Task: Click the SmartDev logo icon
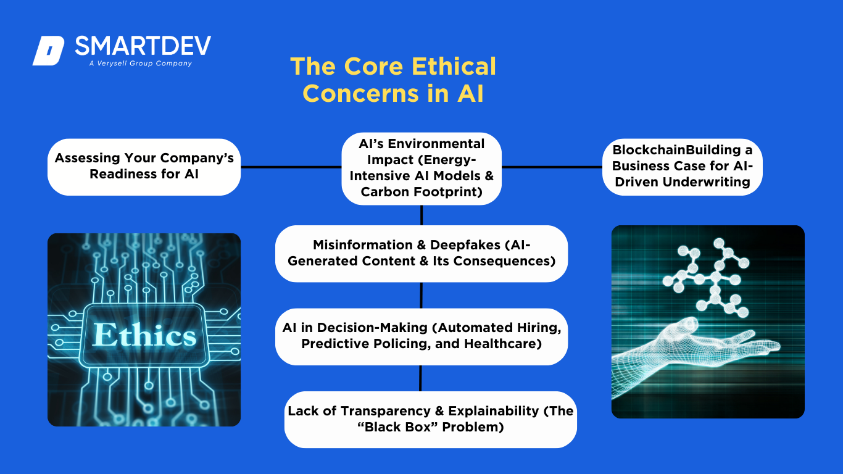point(49,51)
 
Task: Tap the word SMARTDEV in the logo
point(143,46)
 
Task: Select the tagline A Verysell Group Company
point(141,63)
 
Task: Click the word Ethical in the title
point(454,66)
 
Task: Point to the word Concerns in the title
point(360,93)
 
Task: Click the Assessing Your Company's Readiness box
point(144,167)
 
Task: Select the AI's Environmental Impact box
point(421,168)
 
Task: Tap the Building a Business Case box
point(683,167)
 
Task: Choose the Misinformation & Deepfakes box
point(421,254)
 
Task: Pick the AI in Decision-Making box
point(421,336)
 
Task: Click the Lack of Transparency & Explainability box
point(431,420)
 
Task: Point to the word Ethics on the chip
point(144,335)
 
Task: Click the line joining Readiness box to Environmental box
point(291,167)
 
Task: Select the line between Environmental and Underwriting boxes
point(552,167)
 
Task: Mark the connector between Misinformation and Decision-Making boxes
point(421,295)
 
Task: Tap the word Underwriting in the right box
point(707,182)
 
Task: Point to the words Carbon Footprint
point(421,192)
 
